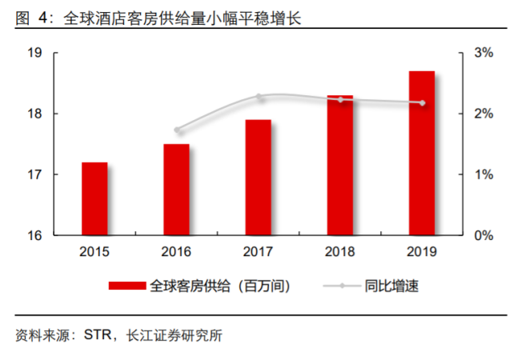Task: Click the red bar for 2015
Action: coord(94,198)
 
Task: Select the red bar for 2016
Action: coord(176,190)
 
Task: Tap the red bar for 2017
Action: coord(258,178)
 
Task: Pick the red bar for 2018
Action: coord(340,166)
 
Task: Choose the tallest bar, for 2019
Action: coord(422,153)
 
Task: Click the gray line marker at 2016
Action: coord(178,130)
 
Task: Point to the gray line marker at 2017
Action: coord(259,97)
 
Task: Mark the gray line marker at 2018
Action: coord(341,99)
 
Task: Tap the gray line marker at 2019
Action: coord(423,102)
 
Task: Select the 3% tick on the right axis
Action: coord(483,53)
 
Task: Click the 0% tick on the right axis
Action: coord(483,236)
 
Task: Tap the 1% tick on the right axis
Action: coord(483,175)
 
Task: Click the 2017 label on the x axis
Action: coord(258,252)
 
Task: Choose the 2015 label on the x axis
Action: coord(94,252)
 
